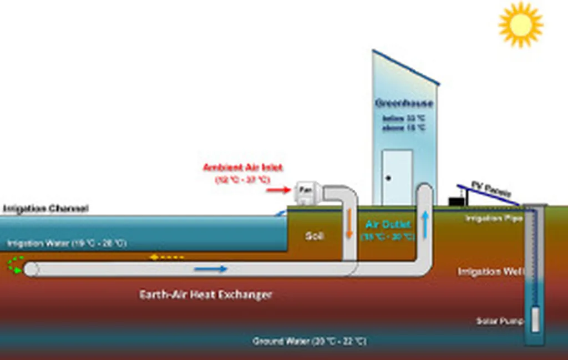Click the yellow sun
pos(520,23)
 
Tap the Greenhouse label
pos(404,103)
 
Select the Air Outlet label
pos(388,224)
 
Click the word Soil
pos(314,236)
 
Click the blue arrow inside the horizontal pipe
pos(211,269)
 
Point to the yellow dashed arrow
pos(166,257)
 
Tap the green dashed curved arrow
pos(15,265)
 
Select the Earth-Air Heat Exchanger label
pos(205,294)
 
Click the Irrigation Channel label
pos(45,209)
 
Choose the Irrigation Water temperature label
pos(67,243)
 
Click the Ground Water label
pos(309,341)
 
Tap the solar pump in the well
pos(535,320)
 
